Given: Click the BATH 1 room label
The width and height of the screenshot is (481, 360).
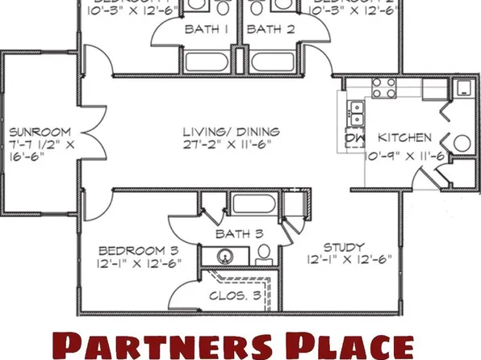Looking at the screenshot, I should (x=207, y=30).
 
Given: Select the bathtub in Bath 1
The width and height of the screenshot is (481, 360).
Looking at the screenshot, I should (x=207, y=62).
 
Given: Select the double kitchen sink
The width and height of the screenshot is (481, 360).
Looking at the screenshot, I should (x=356, y=114).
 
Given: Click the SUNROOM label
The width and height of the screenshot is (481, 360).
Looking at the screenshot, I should (x=40, y=131).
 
